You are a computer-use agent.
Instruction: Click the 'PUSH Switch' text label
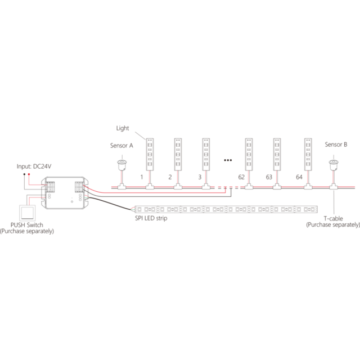point(27,225)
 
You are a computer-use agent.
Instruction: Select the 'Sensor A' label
point(121,145)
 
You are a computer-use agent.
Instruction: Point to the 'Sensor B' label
point(336,145)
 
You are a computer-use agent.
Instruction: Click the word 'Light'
point(123,128)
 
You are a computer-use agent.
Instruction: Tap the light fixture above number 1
point(150,154)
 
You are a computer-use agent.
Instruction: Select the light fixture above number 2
point(178,154)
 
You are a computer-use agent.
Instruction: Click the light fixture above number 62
point(249,154)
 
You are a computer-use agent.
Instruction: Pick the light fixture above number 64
point(307,154)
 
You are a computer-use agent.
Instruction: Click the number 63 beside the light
point(269,177)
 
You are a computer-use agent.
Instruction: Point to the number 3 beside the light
point(200,177)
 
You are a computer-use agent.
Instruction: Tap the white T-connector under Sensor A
point(121,186)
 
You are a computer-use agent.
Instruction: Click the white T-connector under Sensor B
point(334,186)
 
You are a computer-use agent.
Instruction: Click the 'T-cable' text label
point(333,218)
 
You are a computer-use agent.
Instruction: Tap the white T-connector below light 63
point(277,186)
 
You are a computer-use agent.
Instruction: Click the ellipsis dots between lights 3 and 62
point(228,160)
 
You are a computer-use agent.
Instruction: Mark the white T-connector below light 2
point(178,186)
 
